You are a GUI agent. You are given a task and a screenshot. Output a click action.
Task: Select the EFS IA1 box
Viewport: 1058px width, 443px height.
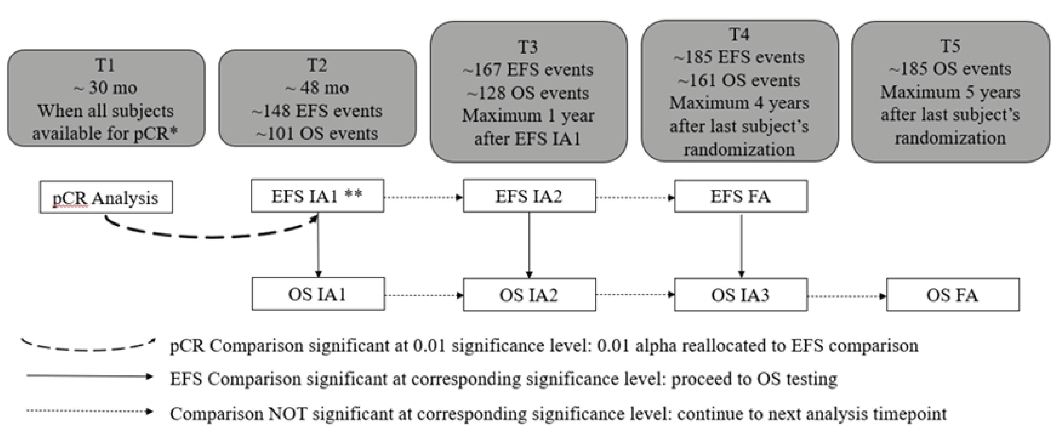pos(317,196)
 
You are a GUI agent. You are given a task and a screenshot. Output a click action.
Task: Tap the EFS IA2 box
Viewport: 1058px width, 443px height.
pos(529,196)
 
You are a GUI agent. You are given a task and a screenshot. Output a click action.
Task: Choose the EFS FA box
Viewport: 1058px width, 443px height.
pos(740,196)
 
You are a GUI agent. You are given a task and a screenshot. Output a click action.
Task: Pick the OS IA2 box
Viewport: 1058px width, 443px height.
pos(529,295)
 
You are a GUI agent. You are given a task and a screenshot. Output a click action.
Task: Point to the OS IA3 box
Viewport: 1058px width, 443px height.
pos(740,295)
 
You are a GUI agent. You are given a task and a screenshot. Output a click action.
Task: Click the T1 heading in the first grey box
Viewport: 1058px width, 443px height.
pos(106,65)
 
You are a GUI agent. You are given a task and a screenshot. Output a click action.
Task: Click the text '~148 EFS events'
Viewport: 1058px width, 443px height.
pos(317,111)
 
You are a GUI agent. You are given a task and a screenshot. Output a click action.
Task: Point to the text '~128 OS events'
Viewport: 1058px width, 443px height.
pos(528,93)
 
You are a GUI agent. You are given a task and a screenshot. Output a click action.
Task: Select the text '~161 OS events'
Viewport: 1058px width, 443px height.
pos(739,80)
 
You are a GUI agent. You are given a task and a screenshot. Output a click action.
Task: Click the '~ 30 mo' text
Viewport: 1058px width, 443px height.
pos(106,88)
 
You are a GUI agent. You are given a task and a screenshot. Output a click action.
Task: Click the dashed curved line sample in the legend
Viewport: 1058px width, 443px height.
pos(88,346)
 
